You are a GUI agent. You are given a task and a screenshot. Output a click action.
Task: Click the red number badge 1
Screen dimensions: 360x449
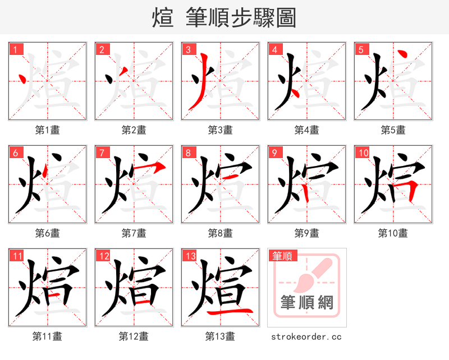pos(15,49)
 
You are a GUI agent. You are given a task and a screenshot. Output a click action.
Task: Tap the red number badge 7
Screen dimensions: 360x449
pos(102,153)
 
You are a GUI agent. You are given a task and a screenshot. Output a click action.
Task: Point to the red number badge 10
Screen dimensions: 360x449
pos(363,153)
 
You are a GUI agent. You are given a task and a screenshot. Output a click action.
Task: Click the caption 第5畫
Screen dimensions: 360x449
pos(393,130)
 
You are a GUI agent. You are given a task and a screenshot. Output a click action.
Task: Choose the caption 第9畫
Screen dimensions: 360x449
pos(306,233)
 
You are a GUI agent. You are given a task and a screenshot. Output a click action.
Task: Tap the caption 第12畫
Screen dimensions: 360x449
pos(134,336)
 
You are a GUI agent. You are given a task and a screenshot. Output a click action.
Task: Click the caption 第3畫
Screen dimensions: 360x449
pos(220,130)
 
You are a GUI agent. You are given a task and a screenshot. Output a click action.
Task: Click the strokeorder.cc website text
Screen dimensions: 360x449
pos(306,336)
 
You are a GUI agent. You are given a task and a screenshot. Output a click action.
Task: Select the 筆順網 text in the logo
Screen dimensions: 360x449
pos(306,303)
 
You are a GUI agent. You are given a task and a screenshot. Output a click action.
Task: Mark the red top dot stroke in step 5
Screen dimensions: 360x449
pos(402,56)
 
